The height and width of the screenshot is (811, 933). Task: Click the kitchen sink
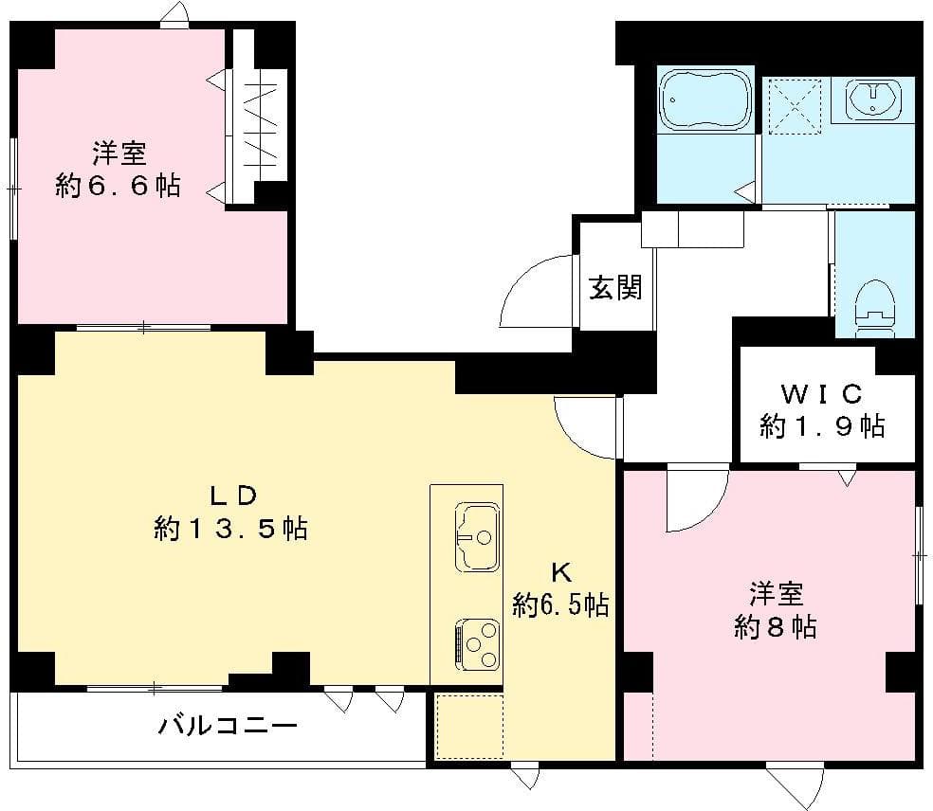477,536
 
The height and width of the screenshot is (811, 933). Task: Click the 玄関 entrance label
615,287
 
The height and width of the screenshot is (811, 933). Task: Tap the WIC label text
821,392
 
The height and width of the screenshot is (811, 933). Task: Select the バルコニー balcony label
228,727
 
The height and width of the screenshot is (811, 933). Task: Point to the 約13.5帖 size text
230,528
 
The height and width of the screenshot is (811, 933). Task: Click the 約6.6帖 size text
118,186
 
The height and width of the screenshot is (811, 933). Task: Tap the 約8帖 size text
775,626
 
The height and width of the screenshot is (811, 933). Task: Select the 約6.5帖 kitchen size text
560,604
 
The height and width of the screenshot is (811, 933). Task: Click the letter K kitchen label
561,571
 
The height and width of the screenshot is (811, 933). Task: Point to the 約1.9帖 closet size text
821,426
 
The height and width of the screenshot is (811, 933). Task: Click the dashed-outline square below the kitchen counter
468,726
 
